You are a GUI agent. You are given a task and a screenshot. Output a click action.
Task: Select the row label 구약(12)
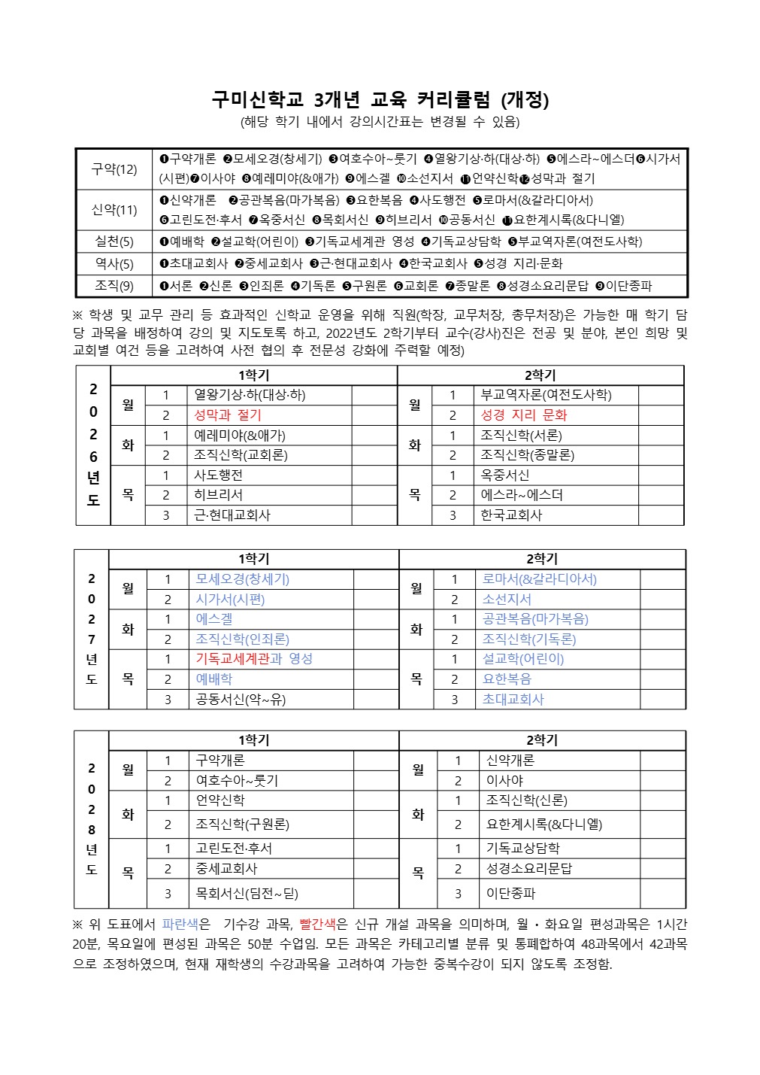coord(114,169)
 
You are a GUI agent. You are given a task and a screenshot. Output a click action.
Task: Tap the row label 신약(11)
coord(114,210)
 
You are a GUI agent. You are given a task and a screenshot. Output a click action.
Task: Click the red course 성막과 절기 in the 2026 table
coord(228,415)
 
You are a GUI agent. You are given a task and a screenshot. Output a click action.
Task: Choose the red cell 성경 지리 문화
coord(523,415)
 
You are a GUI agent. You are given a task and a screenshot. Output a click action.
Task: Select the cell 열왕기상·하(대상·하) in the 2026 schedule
coord(250,395)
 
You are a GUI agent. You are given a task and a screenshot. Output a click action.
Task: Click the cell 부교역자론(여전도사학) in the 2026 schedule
coord(546,395)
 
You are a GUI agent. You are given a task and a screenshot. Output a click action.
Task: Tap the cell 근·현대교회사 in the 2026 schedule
coord(232,515)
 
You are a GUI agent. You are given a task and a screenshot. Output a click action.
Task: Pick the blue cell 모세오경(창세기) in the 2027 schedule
coord(242,579)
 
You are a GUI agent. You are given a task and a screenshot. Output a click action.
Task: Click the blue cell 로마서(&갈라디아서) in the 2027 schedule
coord(539,579)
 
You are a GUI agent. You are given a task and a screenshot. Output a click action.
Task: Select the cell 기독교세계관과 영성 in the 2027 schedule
coord(254,659)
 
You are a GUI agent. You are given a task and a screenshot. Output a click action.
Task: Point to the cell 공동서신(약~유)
coord(241,700)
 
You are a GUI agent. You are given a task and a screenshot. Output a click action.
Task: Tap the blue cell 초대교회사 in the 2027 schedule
coord(513,700)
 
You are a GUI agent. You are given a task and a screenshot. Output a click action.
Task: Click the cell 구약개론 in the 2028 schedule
coord(220,761)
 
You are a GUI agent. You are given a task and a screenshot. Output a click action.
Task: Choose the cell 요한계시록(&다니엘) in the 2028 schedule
coord(544,824)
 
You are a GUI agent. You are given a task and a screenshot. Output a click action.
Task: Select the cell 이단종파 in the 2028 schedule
coord(511,894)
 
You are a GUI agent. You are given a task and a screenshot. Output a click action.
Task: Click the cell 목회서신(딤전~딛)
coord(247,894)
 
